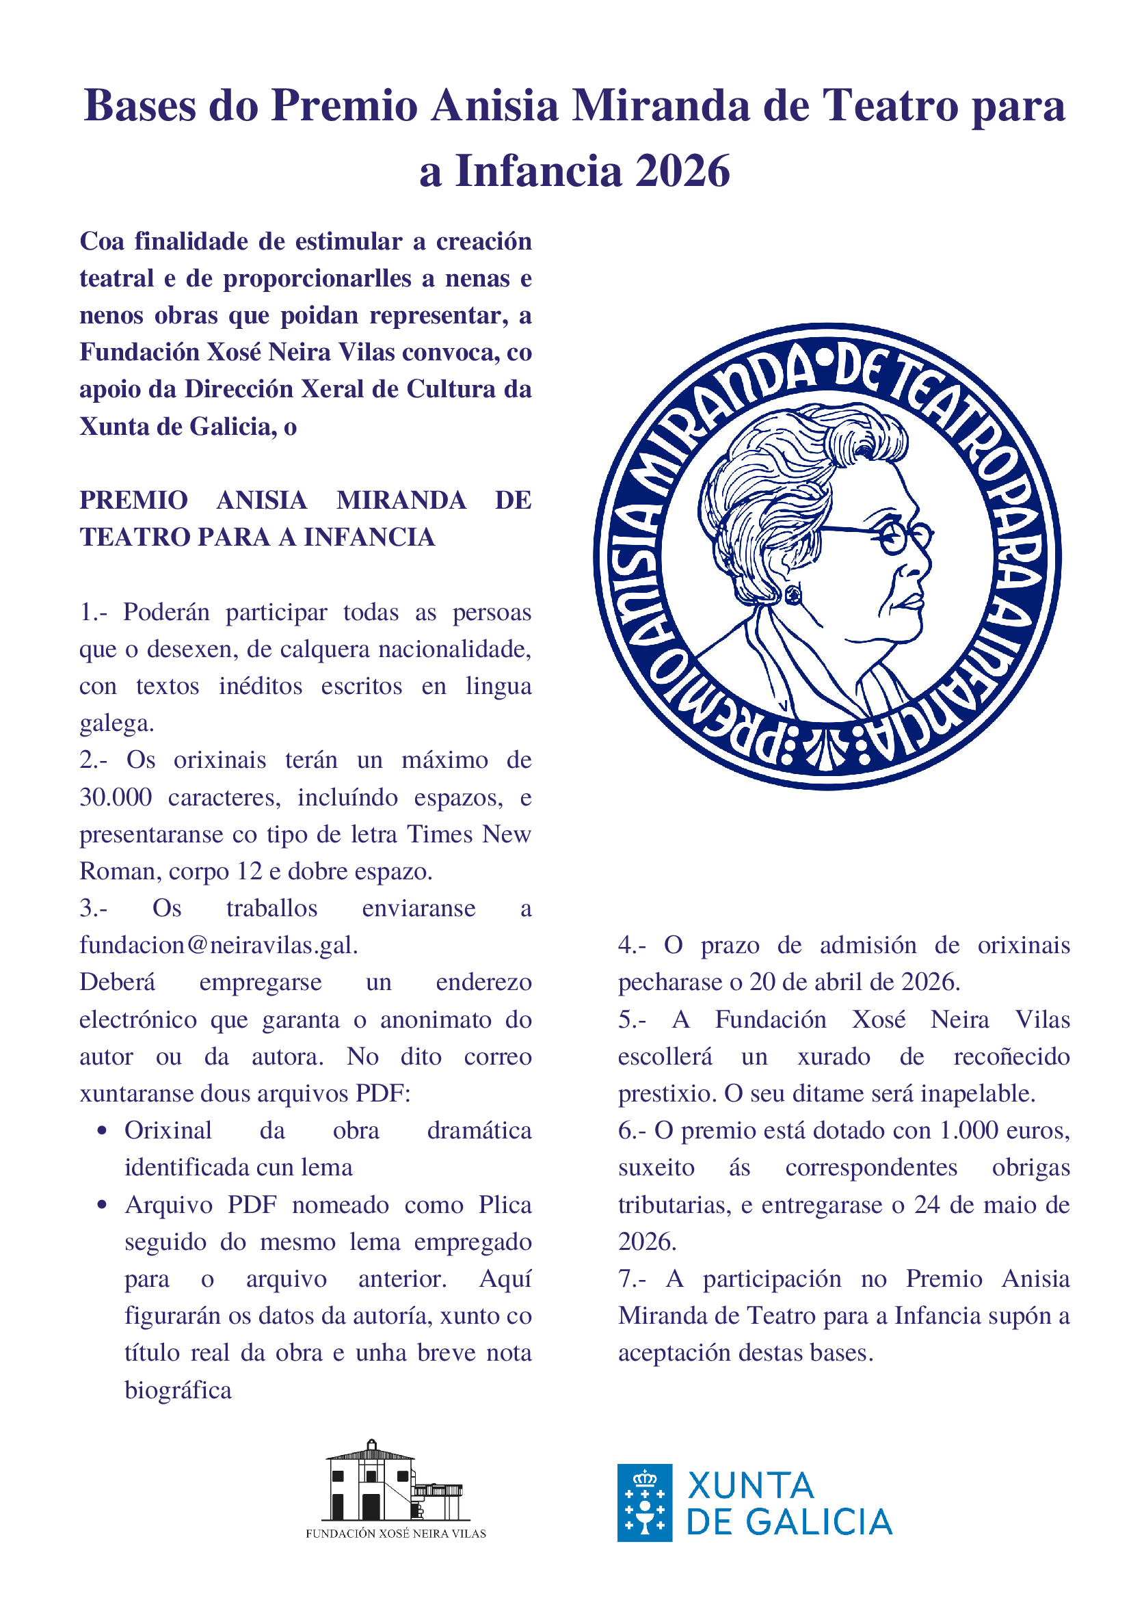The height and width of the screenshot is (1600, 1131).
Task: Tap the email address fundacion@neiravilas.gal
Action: point(218,946)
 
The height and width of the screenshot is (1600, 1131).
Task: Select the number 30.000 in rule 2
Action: point(116,797)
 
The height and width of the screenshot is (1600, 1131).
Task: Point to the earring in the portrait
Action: point(793,595)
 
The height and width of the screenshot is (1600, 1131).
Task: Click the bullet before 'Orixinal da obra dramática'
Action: point(103,1130)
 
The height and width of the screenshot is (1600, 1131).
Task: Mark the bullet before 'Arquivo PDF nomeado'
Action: point(103,1205)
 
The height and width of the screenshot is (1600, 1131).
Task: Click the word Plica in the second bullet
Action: point(505,1205)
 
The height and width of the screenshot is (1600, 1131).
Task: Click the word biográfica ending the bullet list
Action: point(178,1390)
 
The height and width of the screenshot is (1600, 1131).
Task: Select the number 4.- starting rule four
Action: point(632,946)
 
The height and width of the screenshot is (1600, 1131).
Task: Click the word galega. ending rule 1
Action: point(116,723)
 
